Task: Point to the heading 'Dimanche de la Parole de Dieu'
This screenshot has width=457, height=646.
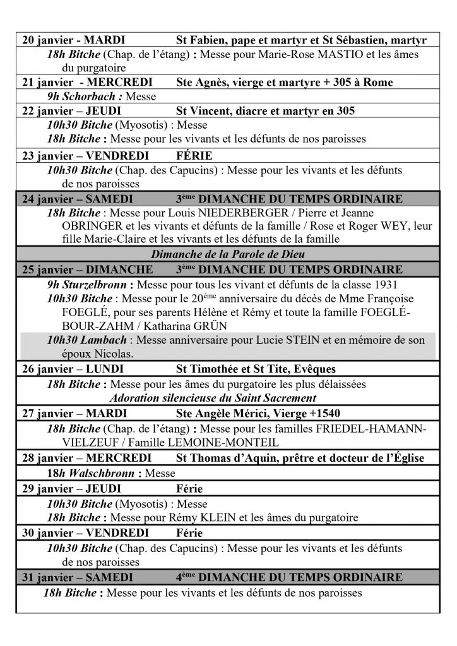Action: tap(228, 255)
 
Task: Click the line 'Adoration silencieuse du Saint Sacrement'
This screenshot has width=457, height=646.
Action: tap(213, 398)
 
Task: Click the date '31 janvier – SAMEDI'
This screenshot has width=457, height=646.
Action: tap(77, 578)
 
